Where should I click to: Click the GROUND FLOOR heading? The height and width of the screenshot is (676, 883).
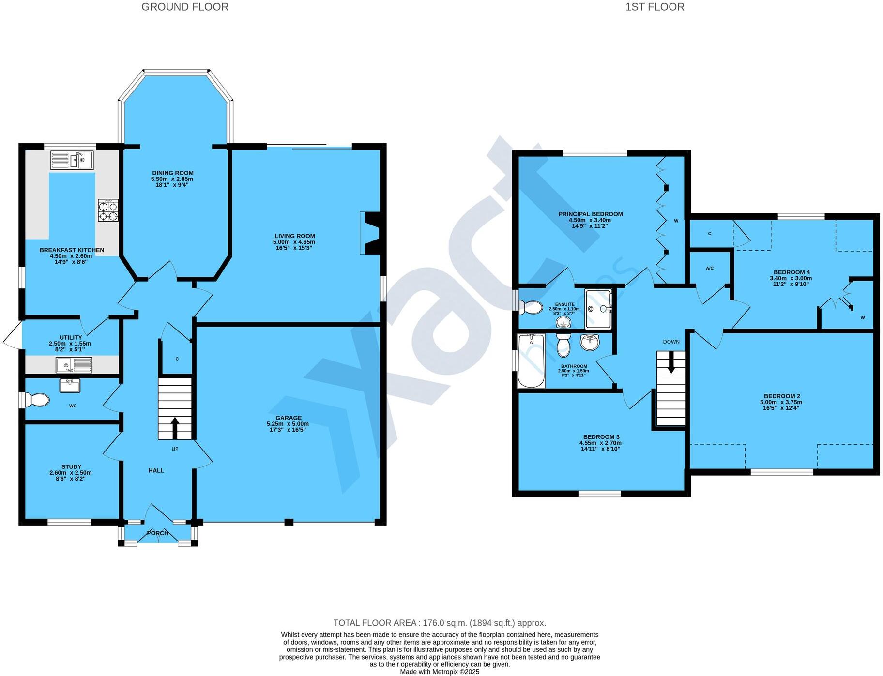point(184,7)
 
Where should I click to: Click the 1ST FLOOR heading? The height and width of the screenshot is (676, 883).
point(655,7)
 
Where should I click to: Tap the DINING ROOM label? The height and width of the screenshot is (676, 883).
point(172,173)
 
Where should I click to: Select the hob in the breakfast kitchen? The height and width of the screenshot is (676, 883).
point(108,210)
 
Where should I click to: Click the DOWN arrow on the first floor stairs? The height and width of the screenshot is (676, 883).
point(671,362)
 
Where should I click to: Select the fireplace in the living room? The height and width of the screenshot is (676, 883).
point(370,233)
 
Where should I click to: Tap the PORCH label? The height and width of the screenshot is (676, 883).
point(158,533)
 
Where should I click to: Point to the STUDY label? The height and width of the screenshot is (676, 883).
point(71,467)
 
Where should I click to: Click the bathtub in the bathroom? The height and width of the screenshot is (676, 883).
point(531,361)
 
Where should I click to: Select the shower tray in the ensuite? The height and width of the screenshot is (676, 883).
point(598,308)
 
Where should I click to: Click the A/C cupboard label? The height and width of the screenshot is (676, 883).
point(710,268)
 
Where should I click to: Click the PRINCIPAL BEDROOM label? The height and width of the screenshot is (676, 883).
point(590,214)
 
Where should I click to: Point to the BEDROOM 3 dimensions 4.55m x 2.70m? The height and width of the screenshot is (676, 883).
point(600,443)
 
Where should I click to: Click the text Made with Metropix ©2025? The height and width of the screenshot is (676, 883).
point(440,672)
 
